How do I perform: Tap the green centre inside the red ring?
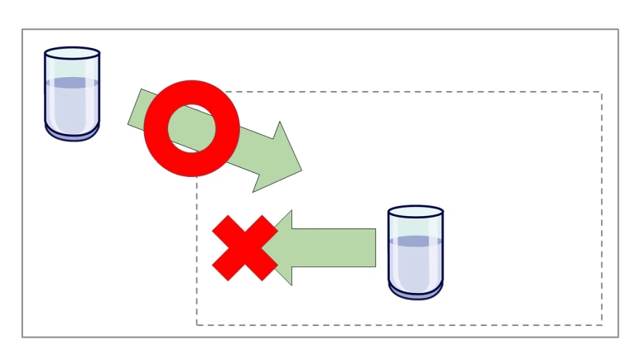[192, 127]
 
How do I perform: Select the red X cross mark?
[244, 247]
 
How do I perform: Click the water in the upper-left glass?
[72, 103]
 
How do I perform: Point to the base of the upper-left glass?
[72, 133]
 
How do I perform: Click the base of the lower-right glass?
[416, 292]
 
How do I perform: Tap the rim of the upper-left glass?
[72, 52]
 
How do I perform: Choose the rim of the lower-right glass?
[416, 211]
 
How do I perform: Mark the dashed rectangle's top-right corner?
[601, 92]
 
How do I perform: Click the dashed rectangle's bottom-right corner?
[601, 324]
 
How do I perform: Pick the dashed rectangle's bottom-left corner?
[197, 324]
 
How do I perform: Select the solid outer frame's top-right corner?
[618, 30]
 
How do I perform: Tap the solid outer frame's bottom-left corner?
[22, 337]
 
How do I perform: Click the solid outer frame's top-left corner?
[22, 30]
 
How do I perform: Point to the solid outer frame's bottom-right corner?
[618, 337]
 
